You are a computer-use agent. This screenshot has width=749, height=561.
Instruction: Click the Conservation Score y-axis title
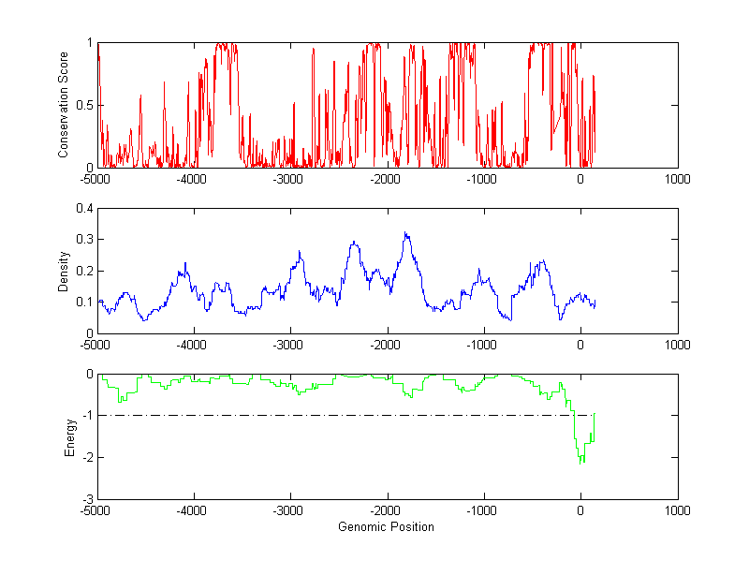pyautogui.click(x=63, y=105)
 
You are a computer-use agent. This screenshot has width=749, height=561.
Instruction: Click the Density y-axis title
pyautogui.click(x=63, y=271)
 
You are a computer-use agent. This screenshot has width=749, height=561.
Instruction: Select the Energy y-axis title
pyautogui.click(x=69, y=436)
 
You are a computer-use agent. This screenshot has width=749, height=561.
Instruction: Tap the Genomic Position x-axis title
pyautogui.click(x=386, y=526)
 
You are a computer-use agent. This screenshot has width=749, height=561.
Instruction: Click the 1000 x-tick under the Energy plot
pyautogui.click(x=677, y=510)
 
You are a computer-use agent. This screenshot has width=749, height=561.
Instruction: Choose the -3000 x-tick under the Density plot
pyautogui.click(x=290, y=345)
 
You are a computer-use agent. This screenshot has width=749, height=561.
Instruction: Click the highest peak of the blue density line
pyautogui.click(x=405, y=232)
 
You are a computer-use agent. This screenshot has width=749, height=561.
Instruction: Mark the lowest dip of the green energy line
pyautogui.click(x=582, y=463)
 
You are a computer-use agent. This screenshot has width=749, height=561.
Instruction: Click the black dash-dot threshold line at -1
pyautogui.click(x=328, y=415)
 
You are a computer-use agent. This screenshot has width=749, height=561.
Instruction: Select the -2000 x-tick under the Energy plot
pyautogui.click(x=387, y=510)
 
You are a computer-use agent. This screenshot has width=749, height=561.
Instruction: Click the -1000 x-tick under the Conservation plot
pyautogui.click(x=483, y=179)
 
